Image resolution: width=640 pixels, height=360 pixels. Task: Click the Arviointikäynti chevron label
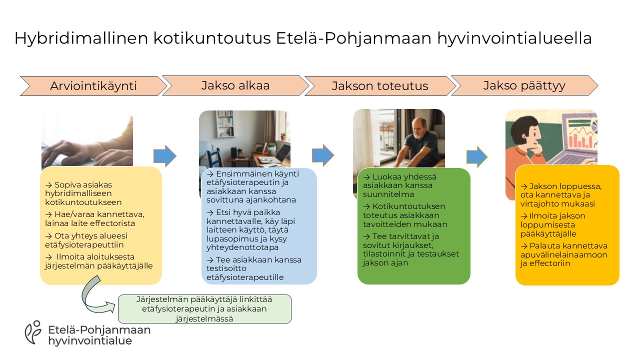(x=93, y=85)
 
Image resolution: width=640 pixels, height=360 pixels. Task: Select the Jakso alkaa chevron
(x=235, y=85)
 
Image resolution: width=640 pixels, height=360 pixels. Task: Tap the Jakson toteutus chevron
(x=380, y=85)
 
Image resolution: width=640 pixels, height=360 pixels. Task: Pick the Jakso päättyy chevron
(x=524, y=85)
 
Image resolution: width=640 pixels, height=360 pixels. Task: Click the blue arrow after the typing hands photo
(x=165, y=156)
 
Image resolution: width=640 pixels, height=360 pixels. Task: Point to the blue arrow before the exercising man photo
(x=323, y=155)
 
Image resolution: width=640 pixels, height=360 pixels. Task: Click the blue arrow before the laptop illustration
(x=477, y=157)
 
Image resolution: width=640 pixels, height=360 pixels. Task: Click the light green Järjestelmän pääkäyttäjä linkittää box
(x=204, y=309)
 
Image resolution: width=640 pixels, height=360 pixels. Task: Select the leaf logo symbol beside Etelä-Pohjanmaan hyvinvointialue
(x=33, y=332)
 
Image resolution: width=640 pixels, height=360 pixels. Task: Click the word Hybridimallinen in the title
(x=81, y=38)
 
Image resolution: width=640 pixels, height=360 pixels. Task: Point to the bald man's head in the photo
(x=419, y=128)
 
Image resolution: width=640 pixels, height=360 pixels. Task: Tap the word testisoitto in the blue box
(x=226, y=268)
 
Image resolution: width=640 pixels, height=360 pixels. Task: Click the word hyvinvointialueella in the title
(x=514, y=38)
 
